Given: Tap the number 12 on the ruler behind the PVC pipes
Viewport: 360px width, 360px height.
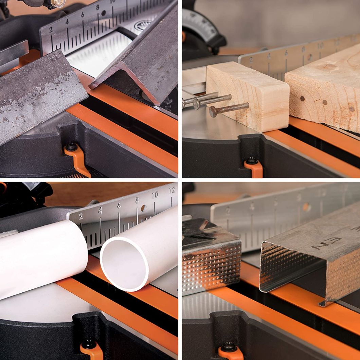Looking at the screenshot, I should pos(172,191).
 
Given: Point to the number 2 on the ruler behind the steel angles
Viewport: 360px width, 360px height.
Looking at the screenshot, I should pos(51,30).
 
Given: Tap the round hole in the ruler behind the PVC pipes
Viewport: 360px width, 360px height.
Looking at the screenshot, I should pos(143,208).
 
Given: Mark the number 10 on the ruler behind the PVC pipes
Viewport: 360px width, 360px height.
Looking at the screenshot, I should pos(155,195).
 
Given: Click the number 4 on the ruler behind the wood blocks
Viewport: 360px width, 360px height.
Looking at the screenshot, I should pos(269,56).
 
